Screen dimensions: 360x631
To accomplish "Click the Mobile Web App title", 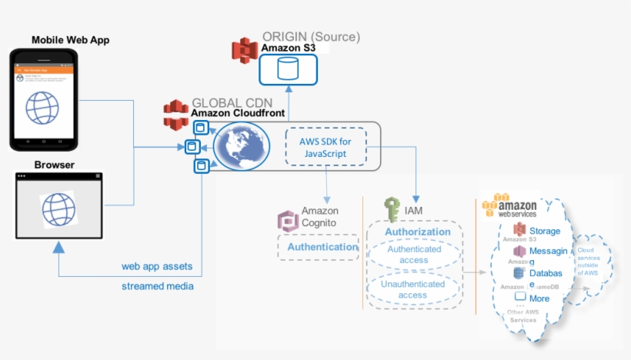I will point(71,39).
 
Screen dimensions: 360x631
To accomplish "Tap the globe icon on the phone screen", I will point(42,107).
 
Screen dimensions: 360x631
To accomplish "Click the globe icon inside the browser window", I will point(58,208).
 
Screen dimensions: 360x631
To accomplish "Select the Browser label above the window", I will point(55,165).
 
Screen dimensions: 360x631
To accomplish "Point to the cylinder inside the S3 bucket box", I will point(288,68).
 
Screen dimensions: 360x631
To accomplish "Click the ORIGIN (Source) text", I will point(311,36).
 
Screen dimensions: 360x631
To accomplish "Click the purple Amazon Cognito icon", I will point(288,222).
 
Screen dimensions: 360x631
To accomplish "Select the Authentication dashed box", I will point(319,247).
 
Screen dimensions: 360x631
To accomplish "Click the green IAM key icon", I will point(392,209).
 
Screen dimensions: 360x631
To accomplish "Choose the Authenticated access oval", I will point(414,255).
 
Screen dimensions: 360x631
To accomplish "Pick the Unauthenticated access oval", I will point(413,289).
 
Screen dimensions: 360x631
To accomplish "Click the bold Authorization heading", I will point(417,232).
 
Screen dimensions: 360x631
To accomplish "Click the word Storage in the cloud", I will point(545,231).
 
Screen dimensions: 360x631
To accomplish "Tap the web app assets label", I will point(157,267).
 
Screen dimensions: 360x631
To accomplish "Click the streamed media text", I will point(158,286).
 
